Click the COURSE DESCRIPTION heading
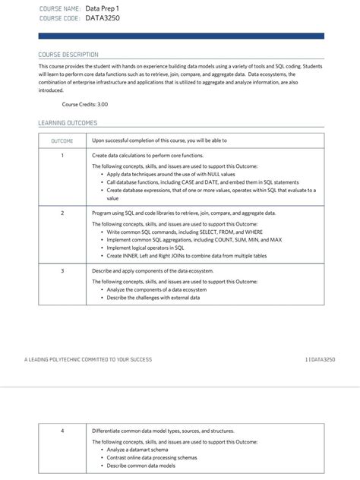[x=68, y=55]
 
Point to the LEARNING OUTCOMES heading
[x=68, y=123]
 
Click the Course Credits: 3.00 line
[x=84, y=103]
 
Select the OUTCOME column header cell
[x=62, y=141]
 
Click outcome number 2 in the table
[x=62, y=213]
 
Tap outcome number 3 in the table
[x=62, y=270]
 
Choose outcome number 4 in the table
[x=62, y=431]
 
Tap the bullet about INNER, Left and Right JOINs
[x=186, y=256]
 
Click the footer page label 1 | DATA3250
[x=320, y=359]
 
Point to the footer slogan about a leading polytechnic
[x=87, y=359]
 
